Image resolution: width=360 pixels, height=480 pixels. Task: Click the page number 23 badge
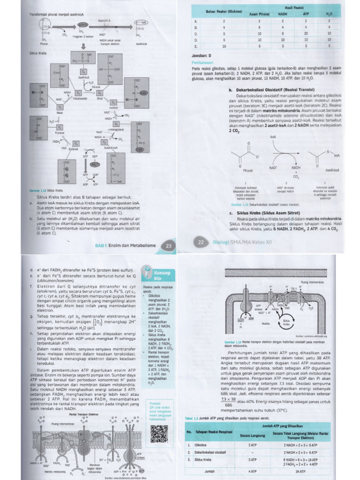pyautogui.click(x=168, y=245)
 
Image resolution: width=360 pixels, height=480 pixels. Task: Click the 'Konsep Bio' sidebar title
pyautogui.click(x=158, y=275)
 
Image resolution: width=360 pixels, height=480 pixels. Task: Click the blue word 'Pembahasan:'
pyautogui.click(x=203, y=62)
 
